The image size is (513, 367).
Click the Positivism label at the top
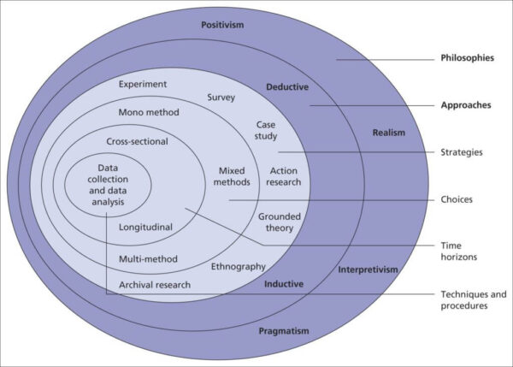click(222, 25)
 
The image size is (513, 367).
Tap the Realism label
click(388, 133)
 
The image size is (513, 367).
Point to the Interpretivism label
click(368, 269)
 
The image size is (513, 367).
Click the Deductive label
click(287, 86)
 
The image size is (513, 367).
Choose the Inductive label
click(284, 283)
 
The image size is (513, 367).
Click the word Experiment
click(143, 84)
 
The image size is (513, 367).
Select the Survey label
click(221, 98)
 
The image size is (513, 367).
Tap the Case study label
click(266, 130)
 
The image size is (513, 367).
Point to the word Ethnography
click(239, 267)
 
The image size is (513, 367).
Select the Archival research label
click(155, 284)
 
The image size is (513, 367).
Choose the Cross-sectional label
click(137, 141)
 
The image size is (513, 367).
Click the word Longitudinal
click(146, 228)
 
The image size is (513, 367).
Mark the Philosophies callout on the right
click(467, 59)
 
